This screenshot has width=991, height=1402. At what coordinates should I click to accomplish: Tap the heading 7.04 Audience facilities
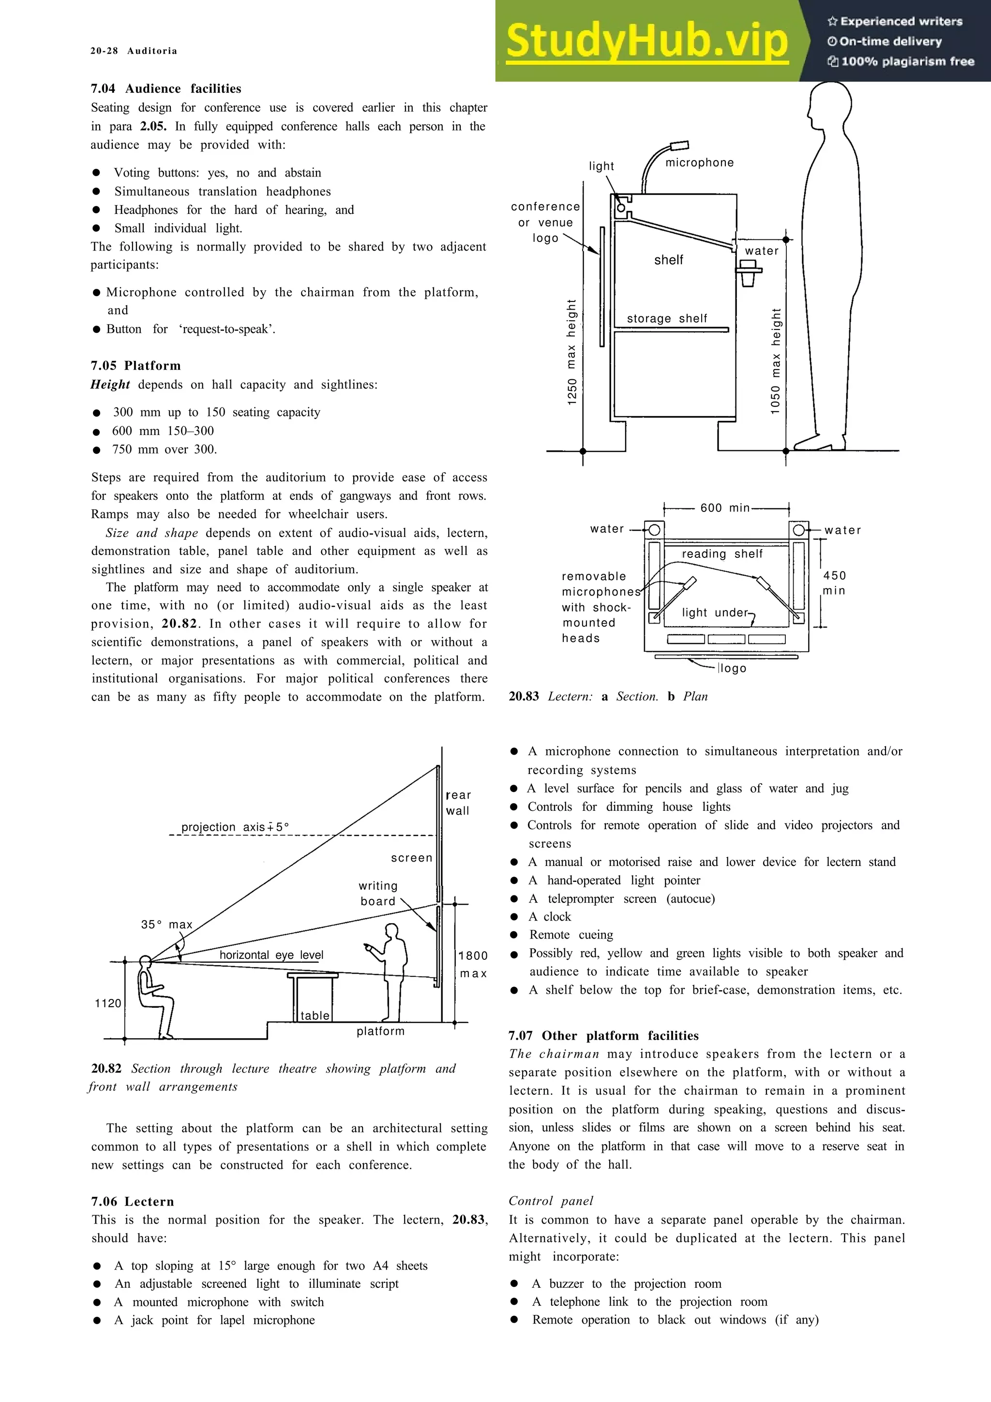click(166, 89)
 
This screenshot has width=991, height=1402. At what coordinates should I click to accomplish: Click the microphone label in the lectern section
click(699, 163)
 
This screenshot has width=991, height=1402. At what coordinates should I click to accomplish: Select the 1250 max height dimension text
click(571, 352)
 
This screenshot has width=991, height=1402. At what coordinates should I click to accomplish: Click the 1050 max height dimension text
click(776, 361)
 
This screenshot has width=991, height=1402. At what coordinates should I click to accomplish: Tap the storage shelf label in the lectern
click(667, 319)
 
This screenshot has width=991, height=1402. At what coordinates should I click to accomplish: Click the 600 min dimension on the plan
click(725, 507)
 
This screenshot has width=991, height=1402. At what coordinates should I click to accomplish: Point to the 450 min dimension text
click(834, 582)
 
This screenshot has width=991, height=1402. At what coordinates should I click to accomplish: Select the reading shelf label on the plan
click(722, 554)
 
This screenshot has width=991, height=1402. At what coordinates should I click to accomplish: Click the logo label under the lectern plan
click(733, 668)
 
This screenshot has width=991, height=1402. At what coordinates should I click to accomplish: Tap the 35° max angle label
click(166, 925)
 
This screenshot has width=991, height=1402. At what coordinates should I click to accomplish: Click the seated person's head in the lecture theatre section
click(145, 962)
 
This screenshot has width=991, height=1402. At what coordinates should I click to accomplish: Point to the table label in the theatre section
click(315, 1015)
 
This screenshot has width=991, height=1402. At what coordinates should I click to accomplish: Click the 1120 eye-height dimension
click(108, 1003)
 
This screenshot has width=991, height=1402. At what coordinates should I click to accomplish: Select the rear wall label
click(458, 803)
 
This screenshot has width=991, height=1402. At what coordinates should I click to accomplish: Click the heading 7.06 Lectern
click(133, 1202)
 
